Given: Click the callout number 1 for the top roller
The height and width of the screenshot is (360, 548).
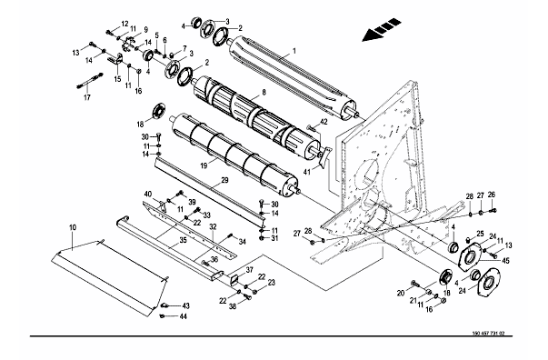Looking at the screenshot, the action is tap(294, 51).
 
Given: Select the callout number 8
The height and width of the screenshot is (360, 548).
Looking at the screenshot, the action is tap(264, 92).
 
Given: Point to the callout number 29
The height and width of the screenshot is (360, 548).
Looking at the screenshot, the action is tap(224, 180).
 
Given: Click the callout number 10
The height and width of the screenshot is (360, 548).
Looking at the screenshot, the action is tap(73, 227).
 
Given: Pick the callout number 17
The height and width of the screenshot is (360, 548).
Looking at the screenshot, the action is tap(87, 97).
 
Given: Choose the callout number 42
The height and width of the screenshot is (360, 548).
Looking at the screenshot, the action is tap(324, 122).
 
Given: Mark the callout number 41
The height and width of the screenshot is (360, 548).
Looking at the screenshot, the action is tap(307, 172).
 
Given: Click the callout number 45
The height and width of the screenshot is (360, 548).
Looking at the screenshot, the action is tap(505, 260).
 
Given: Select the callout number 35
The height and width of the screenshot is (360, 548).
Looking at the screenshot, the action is tap(184, 241).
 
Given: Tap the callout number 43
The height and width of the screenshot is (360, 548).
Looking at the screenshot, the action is tap(185, 306).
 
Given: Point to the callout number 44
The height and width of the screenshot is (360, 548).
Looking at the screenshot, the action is tap(183, 316).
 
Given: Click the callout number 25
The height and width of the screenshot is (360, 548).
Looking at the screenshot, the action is tap(480, 233).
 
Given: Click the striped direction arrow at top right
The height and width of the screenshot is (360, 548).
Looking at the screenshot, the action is tap(382, 30).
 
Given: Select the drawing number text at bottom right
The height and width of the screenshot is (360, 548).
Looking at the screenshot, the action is tap(488, 333).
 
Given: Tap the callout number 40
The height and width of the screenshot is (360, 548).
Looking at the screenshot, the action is tap(148, 194).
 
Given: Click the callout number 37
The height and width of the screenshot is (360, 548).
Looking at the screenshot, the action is tap(249, 270).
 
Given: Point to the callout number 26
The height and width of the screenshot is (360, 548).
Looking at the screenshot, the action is tap(492, 195).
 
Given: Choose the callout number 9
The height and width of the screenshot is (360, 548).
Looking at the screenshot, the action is tap(145, 29).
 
